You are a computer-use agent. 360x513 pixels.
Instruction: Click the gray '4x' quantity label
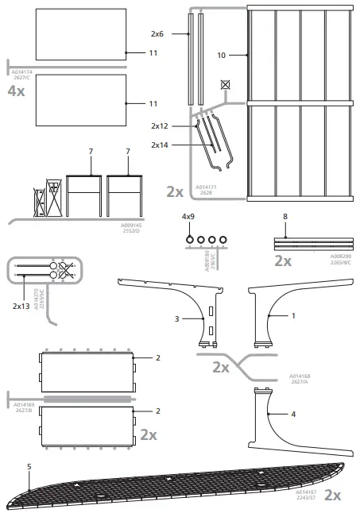click(x=16, y=91)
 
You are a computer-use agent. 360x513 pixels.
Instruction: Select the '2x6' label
click(x=157, y=35)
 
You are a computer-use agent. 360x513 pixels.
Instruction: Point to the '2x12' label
click(x=159, y=126)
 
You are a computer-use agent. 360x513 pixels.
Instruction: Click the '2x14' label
click(x=159, y=145)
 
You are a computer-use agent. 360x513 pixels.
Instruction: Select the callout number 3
click(x=177, y=318)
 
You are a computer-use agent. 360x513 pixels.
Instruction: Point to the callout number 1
click(x=293, y=316)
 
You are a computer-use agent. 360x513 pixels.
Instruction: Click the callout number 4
click(x=293, y=414)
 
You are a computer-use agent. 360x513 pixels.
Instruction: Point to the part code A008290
click(x=341, y=256)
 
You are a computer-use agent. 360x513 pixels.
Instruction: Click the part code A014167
click(x=296, y=493)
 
